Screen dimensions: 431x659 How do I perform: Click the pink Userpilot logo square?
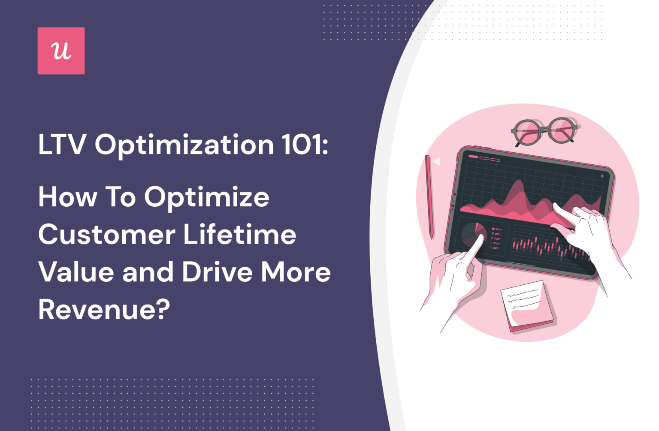coord(61,51)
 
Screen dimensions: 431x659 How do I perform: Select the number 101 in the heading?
coord(304,145)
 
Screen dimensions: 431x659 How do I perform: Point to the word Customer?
coord(107,235)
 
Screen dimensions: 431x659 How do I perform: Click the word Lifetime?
coord(240,235)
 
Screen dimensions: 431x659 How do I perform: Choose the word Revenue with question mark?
coord(104,309)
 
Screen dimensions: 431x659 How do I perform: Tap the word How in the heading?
coord(67,197)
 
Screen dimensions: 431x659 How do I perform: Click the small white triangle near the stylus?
coord(436,162)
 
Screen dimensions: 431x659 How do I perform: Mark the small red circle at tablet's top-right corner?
coord(602,176)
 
